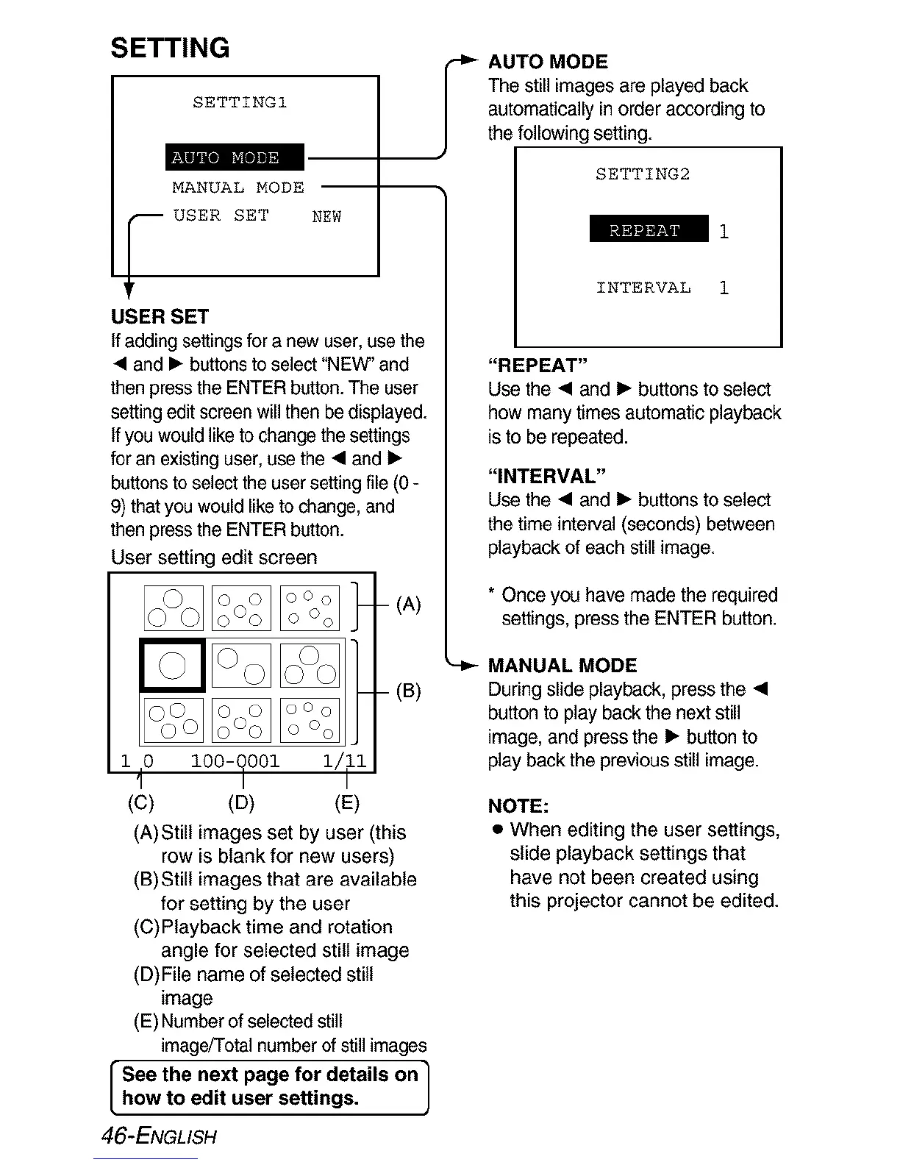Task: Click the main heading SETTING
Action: pos(170,48)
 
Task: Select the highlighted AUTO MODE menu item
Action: pos(235,157)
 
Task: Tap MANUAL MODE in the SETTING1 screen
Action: pos(238,188)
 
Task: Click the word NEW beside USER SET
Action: pos(326,216)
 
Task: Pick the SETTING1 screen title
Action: pos(240,102)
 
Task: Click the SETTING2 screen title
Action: pos(643,174)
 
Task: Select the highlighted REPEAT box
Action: pos(649,229)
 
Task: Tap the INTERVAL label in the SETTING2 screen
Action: pos(643,288)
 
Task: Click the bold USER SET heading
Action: pos(160,317)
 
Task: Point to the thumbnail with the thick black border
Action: pos(172,665)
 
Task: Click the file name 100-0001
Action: pos(235,760)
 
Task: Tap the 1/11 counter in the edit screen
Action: pos(344,760)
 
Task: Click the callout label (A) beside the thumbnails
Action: pos(408,605)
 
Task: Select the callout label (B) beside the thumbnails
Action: pos(408,691)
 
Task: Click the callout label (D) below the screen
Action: pos(241,802)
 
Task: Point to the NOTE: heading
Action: pos(518,805)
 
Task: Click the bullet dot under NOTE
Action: pos(498,830)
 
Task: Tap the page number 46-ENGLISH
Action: pos(160,1136)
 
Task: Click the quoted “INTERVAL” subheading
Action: pos(546,477)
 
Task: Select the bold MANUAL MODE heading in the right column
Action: pos(562,666)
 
